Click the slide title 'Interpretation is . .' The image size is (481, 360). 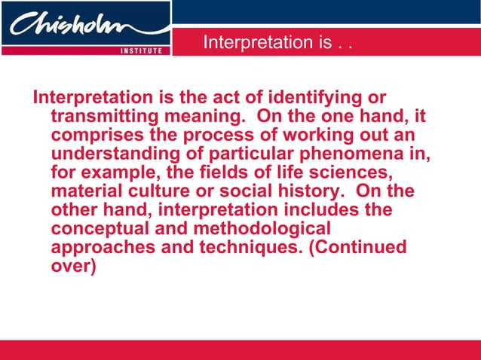(278, 43)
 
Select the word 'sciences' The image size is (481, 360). (352, 172)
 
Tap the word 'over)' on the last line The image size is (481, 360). (72, 264)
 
